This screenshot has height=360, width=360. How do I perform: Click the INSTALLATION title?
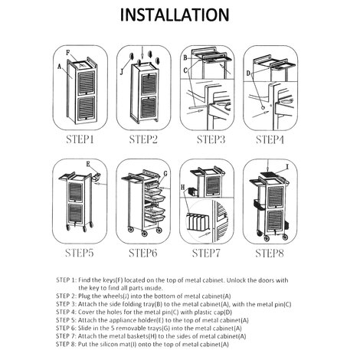pos(175,15)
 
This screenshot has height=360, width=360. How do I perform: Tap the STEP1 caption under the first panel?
pos(80,139)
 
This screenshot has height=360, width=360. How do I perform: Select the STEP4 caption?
pos(270,139)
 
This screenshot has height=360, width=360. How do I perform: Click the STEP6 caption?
pos(143,253)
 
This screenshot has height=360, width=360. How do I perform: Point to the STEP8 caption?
pos(270,253)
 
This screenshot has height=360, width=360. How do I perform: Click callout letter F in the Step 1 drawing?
pos(68,53)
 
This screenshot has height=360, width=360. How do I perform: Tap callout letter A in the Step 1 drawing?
pos(60,67)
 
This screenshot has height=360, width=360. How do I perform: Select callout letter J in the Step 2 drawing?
pos(122,73)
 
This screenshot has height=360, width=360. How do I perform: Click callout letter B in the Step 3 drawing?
pos(185,58)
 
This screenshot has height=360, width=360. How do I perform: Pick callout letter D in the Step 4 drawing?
pos(248,74)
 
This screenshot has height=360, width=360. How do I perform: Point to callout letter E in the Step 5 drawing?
pos(88,164)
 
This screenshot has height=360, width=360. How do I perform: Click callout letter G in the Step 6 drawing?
pos(165,174)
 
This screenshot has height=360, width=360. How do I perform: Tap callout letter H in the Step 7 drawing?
pos(183,188)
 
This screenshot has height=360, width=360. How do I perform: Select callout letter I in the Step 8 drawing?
pos(287,167)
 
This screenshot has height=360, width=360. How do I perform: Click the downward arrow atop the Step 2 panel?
pos(142,53)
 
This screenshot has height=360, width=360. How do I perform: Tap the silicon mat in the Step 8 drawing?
pos(270,175)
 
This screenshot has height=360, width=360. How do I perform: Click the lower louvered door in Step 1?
pos(86,107)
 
